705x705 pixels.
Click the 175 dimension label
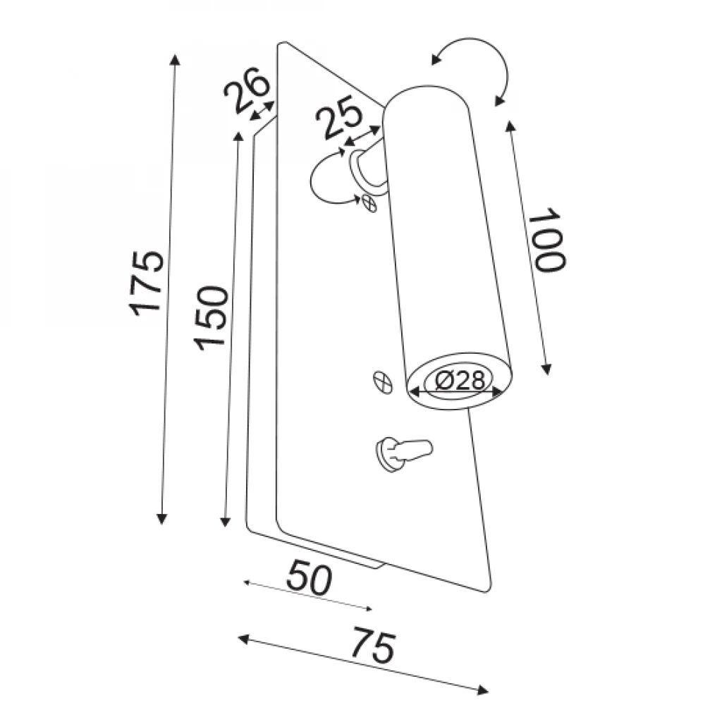point(146,283)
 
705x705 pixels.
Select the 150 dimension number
point(211,318)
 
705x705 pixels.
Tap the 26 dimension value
point(246,90)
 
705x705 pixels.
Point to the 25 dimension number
point(338,121)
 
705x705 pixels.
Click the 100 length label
point(546,240)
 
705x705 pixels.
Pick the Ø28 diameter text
point(460,381)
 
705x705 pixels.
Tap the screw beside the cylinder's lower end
point(383,383)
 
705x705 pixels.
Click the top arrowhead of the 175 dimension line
point(175,59)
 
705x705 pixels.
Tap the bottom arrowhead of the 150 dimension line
point(226,521)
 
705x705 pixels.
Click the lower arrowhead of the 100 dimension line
point(546,369)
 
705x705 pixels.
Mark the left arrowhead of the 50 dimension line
point(247,583)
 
